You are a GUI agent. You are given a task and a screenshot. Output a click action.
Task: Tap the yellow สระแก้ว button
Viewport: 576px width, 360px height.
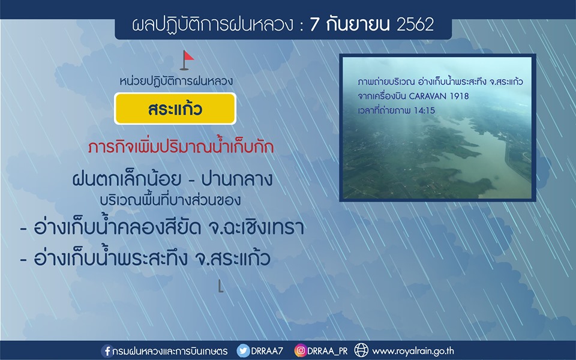[x=175, y=109]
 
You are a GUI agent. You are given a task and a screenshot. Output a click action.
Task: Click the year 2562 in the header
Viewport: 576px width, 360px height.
[x=415, y=25]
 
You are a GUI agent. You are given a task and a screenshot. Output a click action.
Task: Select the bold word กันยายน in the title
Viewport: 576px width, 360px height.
[x=350, y=25]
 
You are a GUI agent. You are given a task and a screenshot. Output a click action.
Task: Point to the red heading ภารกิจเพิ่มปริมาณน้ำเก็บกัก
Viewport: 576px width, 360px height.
[x=181, y=147]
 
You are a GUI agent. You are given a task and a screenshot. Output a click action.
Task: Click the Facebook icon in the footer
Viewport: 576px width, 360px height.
[x=107, y=351]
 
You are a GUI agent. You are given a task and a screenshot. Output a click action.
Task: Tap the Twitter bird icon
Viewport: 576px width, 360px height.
[x=243, y=350]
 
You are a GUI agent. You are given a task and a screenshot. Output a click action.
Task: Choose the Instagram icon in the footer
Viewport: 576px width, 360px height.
[x=300, y=350]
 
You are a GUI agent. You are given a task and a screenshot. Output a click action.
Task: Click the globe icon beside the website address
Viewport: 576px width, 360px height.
[x=361, y=350]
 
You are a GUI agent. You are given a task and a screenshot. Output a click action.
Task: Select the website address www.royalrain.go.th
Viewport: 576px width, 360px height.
[x=413, y=351]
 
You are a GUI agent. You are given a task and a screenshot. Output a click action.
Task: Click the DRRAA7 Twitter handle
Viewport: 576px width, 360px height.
[x=267, y=351]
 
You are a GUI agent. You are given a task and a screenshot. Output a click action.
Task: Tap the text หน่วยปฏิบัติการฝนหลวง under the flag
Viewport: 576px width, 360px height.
[x=176, y=81]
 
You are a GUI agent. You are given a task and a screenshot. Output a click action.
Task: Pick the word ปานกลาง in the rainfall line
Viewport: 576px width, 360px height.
[x=237, y=179]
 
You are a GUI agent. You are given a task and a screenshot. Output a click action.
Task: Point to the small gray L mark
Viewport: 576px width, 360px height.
[x=220, y=286]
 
